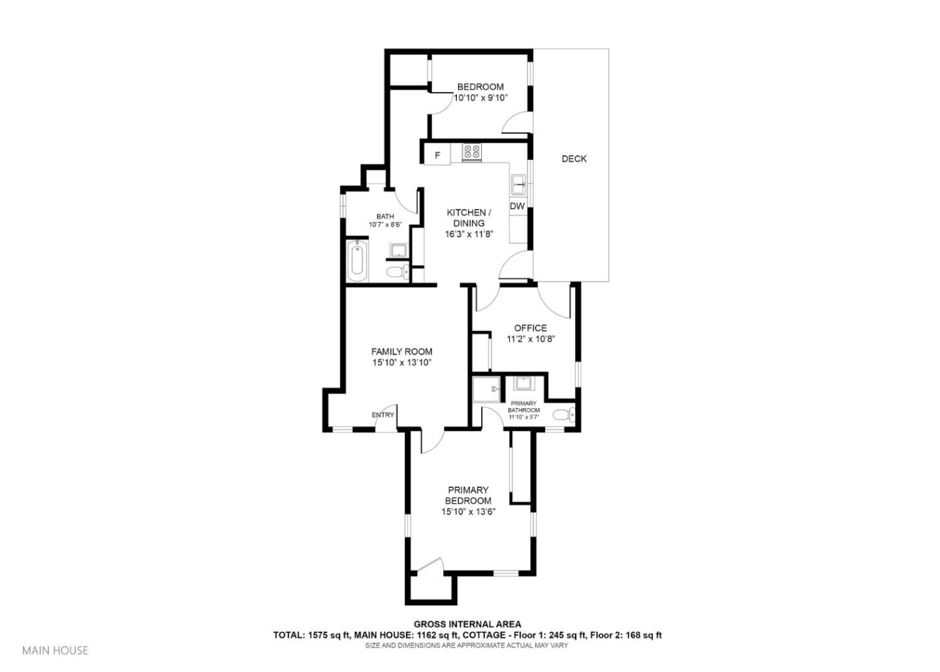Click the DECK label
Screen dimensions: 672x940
pyautogui.click(x=574, y=159)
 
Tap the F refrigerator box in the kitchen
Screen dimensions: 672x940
pyautogui.click(x=437, y=155)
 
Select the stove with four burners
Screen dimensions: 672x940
pyautogui.click(x=472, y=153)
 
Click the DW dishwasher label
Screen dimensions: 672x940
pyautogui.click(x=517, y=206)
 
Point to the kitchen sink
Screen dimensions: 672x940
pyautogui.click(x=519, y=184)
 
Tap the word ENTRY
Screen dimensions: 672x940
pyautogui.click(x=383, y=415)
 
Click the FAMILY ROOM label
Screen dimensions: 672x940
pyautogui.click(x=401, y=351)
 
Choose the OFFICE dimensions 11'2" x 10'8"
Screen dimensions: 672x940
pyautogui.click(x=531, y=339)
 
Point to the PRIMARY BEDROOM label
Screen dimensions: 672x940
pyautogui.click(x=468, y=495)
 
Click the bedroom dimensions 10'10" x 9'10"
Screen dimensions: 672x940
pyautogui.click(x=480, y=98)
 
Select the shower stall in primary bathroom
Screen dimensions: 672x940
pyautogui.click(x=486, y=390)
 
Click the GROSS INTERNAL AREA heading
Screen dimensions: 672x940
pyautogui.click(x=467, y=624)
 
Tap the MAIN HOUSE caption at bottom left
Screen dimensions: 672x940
pyautogui.click(x=55, y=650)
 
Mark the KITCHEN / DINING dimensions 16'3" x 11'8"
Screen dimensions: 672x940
pyautogui.click(x=468, y=234)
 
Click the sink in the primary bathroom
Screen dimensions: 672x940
pyautogui.click(x=524, y=383)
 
